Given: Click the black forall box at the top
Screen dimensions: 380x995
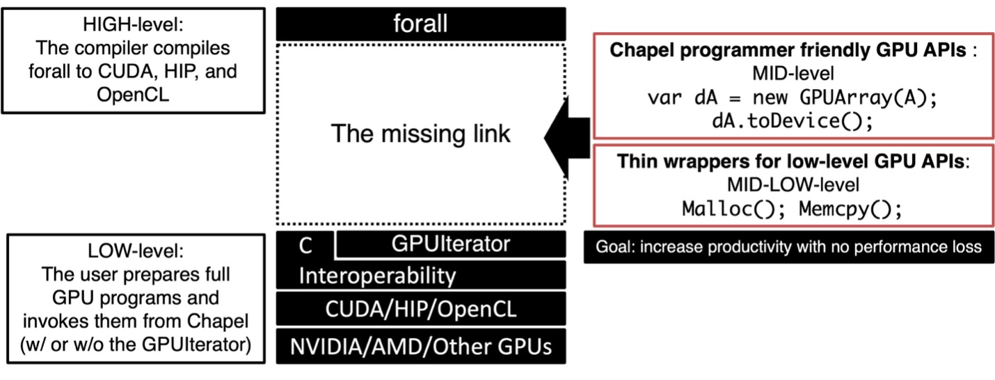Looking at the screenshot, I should tap(420, 25).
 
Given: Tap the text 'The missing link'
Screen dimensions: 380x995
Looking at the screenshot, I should tap(420, 133).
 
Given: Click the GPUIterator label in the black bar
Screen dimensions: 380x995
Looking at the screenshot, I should tap(450, 244).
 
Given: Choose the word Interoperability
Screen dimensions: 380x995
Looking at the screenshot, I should tap(377, 276).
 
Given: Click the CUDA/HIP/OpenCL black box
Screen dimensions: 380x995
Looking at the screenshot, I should tap(420, 308).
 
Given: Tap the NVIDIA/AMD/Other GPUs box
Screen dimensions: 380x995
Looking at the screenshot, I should tap(420, 346).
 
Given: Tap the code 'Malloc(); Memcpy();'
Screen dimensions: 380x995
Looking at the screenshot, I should tap(793, 209).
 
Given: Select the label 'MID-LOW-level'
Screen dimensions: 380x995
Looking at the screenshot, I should tap(793, 185).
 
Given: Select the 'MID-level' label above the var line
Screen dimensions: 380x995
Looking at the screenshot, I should tap(793, 73).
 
